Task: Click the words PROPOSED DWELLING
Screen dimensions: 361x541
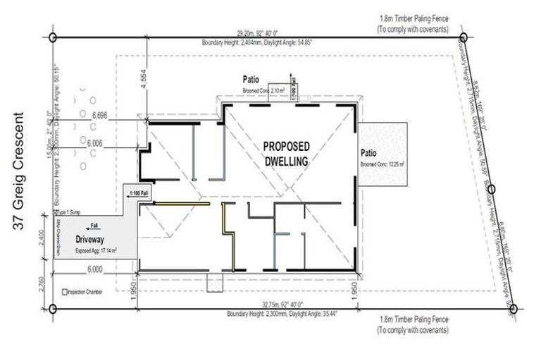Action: (x=285, y=153)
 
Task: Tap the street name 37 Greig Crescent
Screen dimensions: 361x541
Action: (x=19, y=169)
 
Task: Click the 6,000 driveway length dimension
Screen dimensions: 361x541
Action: (x=96, y=268)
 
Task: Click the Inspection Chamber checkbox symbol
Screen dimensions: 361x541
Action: (x=65, y=291)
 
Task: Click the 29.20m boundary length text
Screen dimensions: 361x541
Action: (x=258, y=32)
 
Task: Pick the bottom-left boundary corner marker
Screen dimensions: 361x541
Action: (x=53, y=308)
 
